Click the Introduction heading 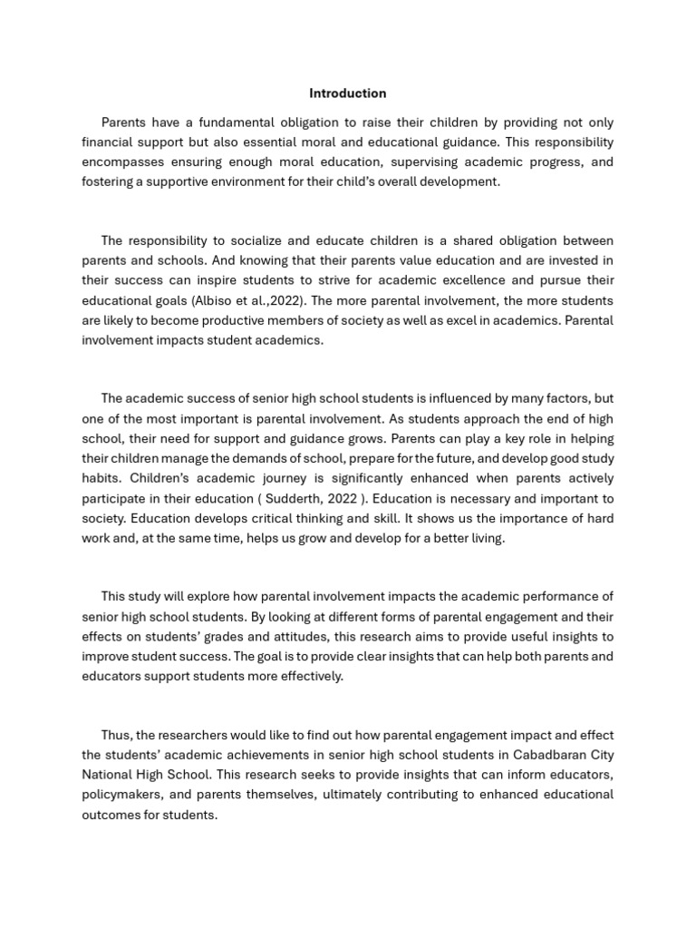click(x=347, y=93)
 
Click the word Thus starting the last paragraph click(x=116, y=735)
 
